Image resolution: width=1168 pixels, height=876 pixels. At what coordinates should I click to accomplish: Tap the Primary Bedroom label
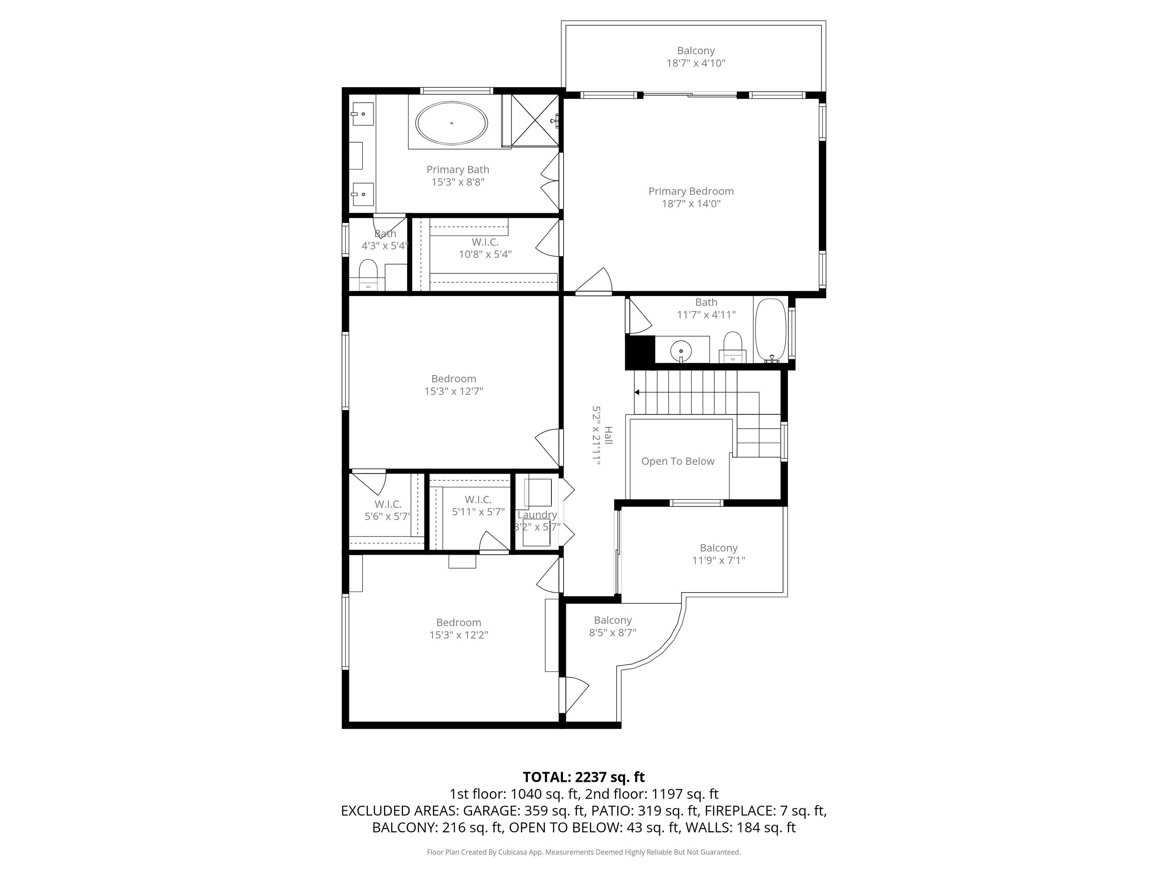691,191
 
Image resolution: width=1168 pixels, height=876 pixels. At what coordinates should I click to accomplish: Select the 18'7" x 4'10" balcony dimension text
695,63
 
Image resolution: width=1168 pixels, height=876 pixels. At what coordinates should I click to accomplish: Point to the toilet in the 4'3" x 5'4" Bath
368,272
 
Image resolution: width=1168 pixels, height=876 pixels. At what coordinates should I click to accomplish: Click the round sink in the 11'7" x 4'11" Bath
681,350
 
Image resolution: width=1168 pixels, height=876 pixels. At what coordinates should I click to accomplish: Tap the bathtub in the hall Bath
770,330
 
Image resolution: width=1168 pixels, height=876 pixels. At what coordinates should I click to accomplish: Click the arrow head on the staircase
637,392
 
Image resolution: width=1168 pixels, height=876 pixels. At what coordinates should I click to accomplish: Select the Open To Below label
677,462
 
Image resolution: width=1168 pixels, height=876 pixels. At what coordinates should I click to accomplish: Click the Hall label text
608,435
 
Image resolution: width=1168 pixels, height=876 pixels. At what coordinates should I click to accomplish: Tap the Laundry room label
537,515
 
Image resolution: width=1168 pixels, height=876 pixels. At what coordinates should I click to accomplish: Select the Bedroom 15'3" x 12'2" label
458,628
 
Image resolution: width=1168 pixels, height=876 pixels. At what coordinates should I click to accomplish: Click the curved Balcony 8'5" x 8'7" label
613,626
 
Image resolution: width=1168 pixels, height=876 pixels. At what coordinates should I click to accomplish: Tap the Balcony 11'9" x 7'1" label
718,554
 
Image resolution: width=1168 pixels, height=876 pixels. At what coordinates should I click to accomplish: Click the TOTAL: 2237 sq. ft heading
584,777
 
